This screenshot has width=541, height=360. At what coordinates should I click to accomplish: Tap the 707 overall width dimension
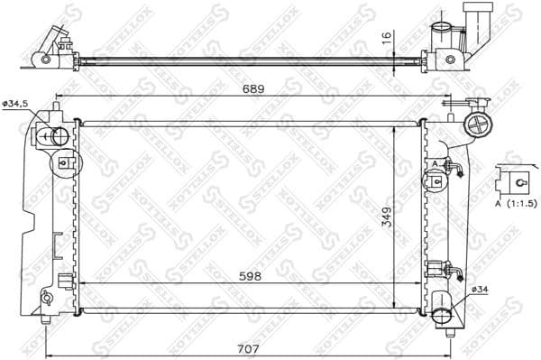tap(249, 347)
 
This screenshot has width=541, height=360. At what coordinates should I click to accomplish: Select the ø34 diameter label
tap(479, 289)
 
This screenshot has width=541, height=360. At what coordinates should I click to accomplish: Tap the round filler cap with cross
tap(476, 124)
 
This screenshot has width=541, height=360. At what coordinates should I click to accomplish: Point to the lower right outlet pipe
tap(443, 315)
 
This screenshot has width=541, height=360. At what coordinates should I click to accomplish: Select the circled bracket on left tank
tap(66, 164)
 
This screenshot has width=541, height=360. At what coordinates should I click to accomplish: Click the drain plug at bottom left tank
tap(47, 298)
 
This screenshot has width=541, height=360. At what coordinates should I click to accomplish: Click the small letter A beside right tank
tap(436, 163)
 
